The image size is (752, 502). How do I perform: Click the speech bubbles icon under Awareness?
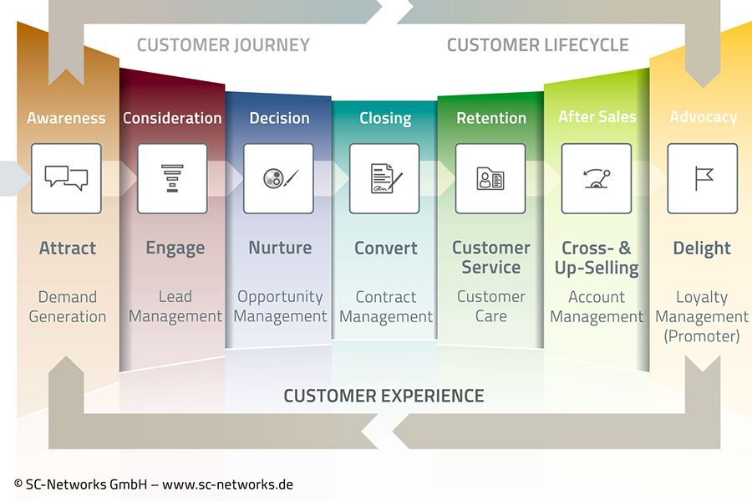pos(66,178)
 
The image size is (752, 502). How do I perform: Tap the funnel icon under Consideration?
pos(172,178)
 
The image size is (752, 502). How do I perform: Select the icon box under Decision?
pos(278,178)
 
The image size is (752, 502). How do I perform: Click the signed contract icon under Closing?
pos(384,178)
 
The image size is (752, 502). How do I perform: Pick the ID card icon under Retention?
pos(490,178)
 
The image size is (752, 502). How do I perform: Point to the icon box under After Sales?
pos(597,178)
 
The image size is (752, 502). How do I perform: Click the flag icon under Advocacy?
pos(703,178)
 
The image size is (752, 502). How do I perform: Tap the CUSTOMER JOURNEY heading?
pos(223,45)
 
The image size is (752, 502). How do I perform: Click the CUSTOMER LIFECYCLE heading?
pos(537,45)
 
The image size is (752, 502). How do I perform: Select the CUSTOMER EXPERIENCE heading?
pos(384,396)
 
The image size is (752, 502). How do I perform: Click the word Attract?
pos(67,248)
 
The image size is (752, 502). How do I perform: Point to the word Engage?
pos(175,248)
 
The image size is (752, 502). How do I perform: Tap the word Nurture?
pos(280,248)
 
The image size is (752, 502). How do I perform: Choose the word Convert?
pos(385,248)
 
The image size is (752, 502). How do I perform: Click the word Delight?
pos(702,248)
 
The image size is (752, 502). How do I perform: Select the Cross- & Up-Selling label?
pos(597,258)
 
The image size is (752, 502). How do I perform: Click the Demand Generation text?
pos(67,306)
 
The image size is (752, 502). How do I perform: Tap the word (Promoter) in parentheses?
pos(702,336)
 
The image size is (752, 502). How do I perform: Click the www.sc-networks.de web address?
pos(227,484)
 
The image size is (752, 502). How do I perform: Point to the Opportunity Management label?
pos(280,306)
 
